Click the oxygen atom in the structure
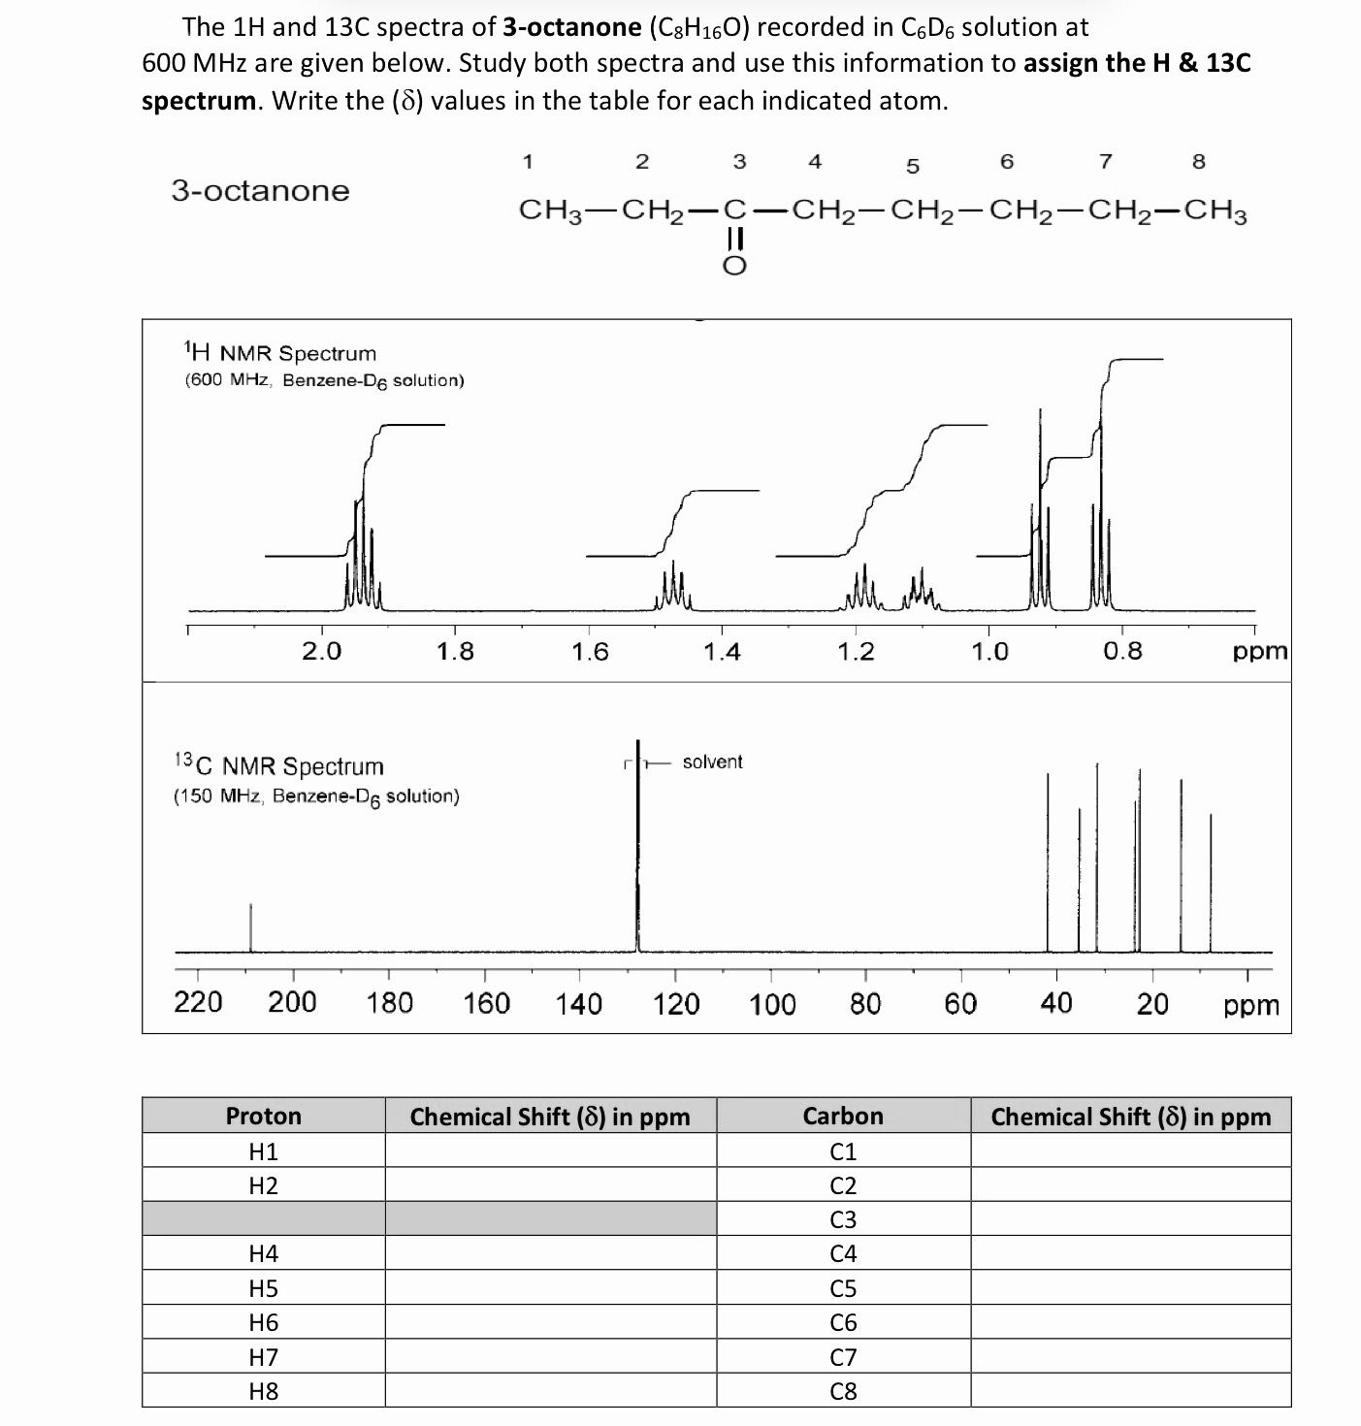coord(735,266)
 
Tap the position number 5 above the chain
coord(912,166)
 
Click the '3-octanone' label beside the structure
coord(260,190)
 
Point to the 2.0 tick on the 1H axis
coord(321,651)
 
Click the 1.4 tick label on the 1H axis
coord(722,651)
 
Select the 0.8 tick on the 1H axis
coord(1122,651)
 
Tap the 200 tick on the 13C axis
coord(292,1002)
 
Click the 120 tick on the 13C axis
coord(675,1002)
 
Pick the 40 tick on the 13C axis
coord(1056,1002)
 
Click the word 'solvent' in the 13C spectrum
coord(712,762)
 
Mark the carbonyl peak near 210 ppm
coord(250,926)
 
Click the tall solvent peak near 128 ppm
coord(637,854)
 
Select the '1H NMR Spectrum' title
coord(279,353)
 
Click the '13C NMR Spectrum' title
coord(278,766)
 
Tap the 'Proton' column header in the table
coord(264,1116)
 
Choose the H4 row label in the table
coord(264,1253)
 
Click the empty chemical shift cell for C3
coord(1130,1219)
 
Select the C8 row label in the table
coord(843,1391)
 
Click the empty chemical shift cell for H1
coord(550,1151)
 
